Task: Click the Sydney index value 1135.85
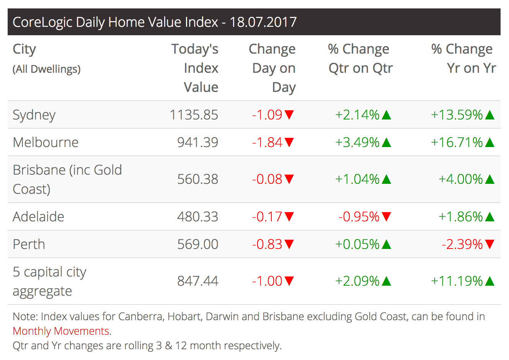point(194,115)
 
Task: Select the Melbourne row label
point(46,142)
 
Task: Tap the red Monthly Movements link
point(61,331)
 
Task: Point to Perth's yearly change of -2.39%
point(462,244)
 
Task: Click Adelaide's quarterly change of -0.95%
point(359,217)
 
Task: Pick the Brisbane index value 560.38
point(197,179)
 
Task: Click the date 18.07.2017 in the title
point(263,22)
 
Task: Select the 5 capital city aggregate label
point(49,281)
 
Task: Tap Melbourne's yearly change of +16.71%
point(457,142)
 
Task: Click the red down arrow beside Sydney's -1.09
point(289,115)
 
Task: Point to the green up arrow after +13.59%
point(490,115)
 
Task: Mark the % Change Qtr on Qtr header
point(360,59)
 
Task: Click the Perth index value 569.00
point(197,244)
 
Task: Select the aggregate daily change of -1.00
point(267,281)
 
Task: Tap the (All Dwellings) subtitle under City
point(47,69)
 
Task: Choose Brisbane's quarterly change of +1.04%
point(357,179)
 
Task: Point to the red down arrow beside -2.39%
point(490,244)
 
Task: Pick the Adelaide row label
point(38,217)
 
